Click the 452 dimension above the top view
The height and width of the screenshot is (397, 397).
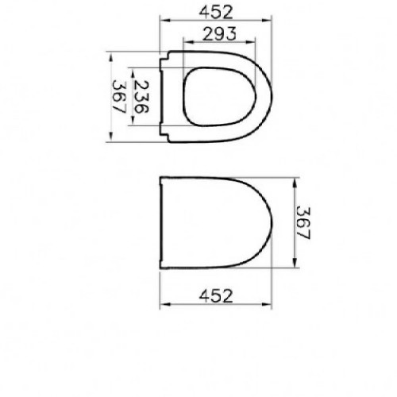click(216, 12)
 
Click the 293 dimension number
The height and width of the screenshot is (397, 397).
click(219, 34)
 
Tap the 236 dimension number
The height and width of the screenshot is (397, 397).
click(141, 97)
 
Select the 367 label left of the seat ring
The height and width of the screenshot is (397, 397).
click(119, 97)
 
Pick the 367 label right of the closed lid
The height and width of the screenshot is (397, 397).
click(303, 223)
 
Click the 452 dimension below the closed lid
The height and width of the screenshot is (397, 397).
click(216, 296)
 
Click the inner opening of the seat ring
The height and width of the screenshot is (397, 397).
click(219, 97)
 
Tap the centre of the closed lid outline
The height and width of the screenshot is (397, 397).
click(216, 222)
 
